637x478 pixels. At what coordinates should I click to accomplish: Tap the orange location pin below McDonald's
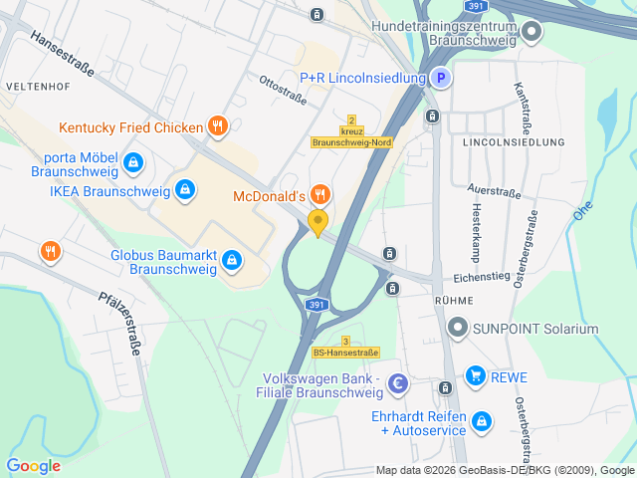(x=318, y=222)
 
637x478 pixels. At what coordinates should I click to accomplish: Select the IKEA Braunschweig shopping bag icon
(x=184, y=187)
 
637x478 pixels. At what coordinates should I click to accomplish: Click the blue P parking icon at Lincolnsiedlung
(x=440, y=78)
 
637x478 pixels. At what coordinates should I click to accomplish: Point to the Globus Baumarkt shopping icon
(x=232, y=260)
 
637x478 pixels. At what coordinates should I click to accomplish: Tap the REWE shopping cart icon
(x=475, y=376)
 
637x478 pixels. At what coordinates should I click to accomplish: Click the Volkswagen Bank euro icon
(x=398, y=383)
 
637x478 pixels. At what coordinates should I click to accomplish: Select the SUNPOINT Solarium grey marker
(x=457, y=327)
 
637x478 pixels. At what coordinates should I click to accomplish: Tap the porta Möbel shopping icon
(x=133, y=161)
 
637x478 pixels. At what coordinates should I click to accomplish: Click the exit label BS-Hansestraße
(x=345, y=352)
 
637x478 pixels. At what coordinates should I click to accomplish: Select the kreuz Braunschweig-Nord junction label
(x=351, y=137)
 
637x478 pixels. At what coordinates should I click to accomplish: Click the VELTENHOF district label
(x=36, y=87)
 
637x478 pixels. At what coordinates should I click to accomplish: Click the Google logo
(x=33, y=465)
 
